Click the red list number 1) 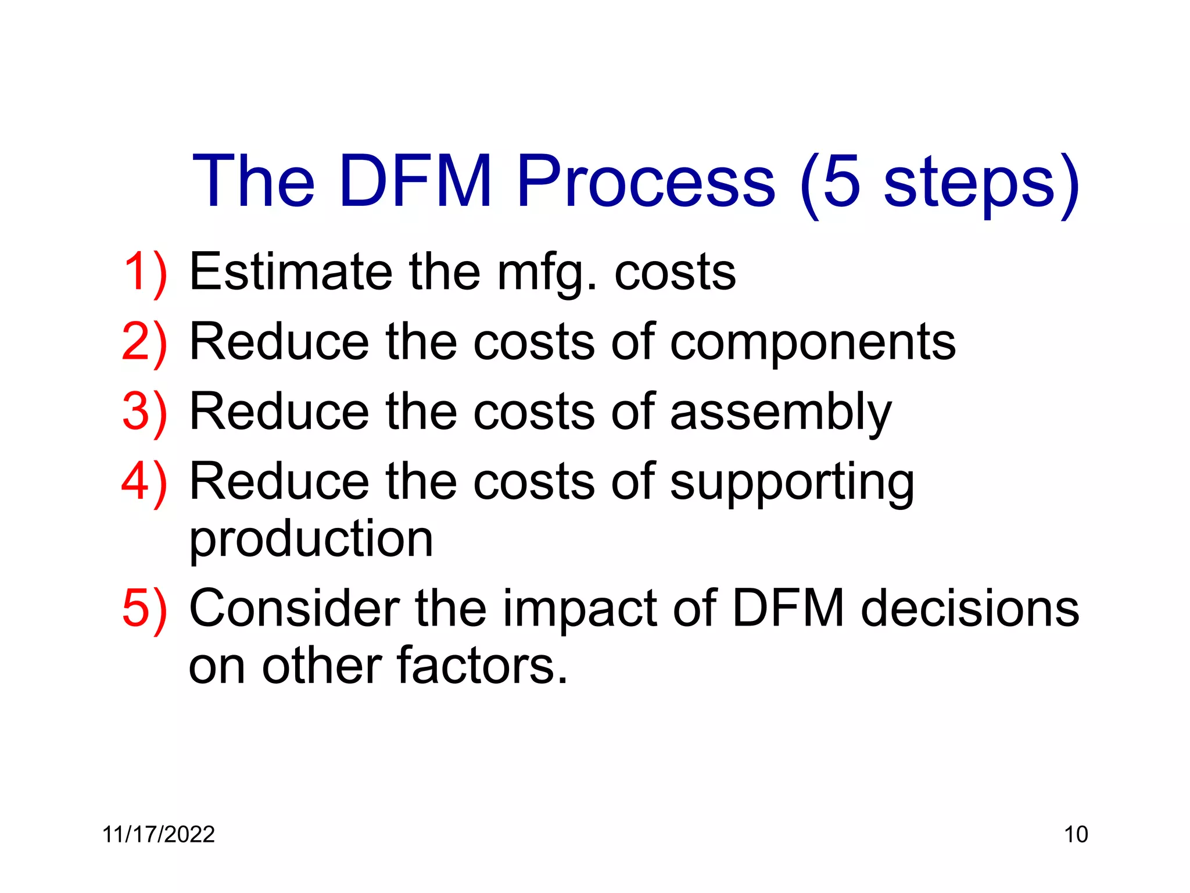point(145,272)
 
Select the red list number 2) point(145,342)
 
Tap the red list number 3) point(145,412)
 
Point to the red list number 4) point(145,481)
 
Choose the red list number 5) point(145,609)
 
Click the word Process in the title point(646,181)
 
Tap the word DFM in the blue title point(416,181)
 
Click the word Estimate point(291,272)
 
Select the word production point(311,540)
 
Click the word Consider point(294,609)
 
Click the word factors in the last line point(482,666)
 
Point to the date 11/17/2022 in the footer point(159,835)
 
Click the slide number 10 point(1076,835)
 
